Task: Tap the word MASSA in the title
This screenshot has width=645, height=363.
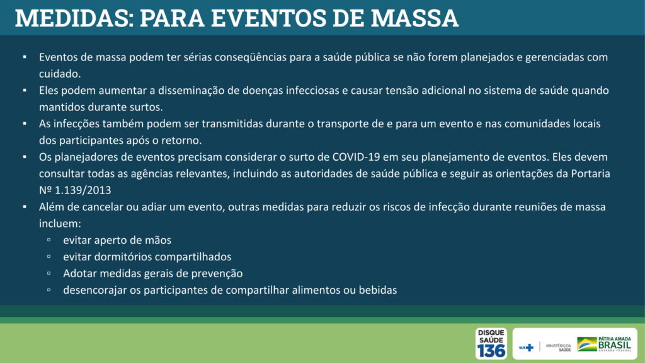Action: [414, 18]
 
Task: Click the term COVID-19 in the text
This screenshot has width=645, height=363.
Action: [356, 157]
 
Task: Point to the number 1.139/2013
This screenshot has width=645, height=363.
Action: [83, 190]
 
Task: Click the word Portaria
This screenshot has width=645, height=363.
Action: [590, 174]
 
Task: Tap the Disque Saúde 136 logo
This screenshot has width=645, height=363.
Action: [491, 343]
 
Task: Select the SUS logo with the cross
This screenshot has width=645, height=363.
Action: [526, 348]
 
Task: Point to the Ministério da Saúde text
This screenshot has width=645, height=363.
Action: [558, 347]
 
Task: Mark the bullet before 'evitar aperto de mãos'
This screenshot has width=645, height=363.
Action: [49, 240]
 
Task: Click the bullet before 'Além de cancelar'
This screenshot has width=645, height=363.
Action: [25, 207]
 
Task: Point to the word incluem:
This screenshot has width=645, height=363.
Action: [60, 224]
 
